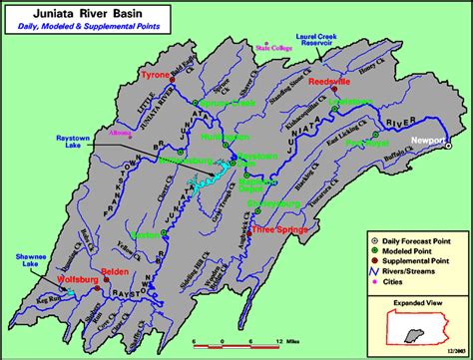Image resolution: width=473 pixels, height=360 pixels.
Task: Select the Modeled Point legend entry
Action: [x=407, y=249]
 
